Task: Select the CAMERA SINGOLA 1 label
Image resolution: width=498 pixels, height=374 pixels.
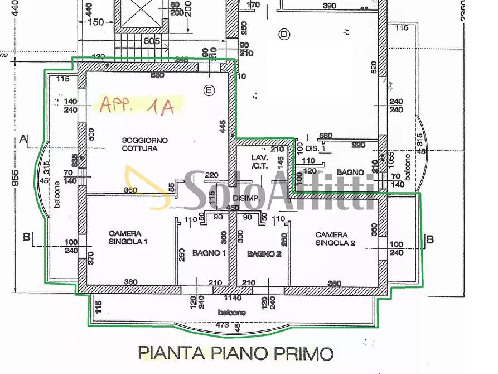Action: [128, 238]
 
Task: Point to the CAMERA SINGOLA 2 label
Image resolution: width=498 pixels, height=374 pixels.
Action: [335, 239]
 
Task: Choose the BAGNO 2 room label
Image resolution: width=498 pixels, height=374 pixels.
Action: [264, 254]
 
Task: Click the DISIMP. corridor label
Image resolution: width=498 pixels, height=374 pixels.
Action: [246, 199]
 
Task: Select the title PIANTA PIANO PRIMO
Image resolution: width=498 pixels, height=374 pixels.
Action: [235, 353]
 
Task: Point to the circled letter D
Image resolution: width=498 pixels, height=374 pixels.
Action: [285, 35]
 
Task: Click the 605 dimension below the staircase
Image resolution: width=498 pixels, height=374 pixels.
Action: [152, 41]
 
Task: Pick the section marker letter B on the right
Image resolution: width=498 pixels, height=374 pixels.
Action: [429, 240]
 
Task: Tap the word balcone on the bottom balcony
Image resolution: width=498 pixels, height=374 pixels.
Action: [231, 313]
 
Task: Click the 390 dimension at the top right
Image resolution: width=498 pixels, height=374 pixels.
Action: [330, 6]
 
